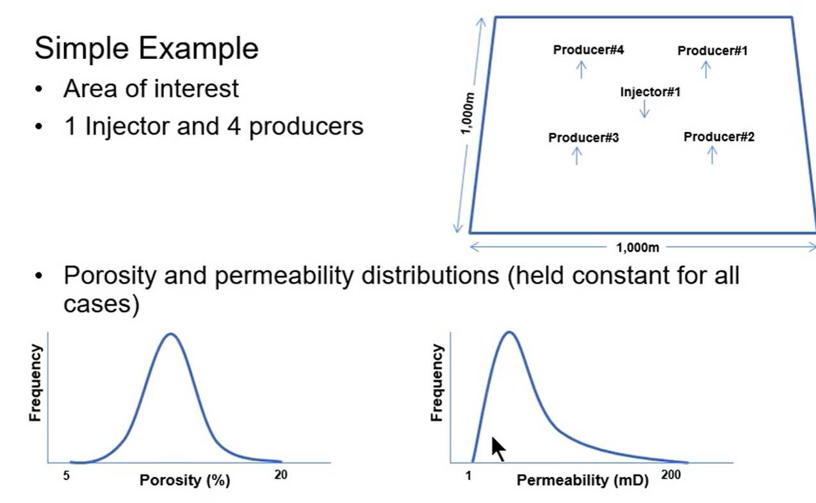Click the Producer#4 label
click(x=589, y=49)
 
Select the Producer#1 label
click(x=712, y=51)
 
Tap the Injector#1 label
click(x=650, y=92)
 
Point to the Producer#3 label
click(x=583, y=137)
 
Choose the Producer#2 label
click(x=719, y=136)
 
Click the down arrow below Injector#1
click(x=644, y=109)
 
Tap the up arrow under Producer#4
click(x=582, y=70)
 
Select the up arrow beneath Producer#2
click(x=712, y=155)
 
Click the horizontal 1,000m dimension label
click(x=637, y=248)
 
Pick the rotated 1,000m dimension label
click(x=468, y=113)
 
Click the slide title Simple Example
click(x=147, y=48)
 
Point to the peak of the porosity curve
click(x=171, y=334)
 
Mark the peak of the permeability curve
click(x=509, y=333)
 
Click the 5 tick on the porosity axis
click(x=66, y=475)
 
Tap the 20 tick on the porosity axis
click(x=281, y=475)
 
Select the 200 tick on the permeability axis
click(x=671, y=475)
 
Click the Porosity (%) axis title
click(x=184, y=481)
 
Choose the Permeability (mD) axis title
click(x=582, y=481)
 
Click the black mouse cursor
click(x=498, y=449)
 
